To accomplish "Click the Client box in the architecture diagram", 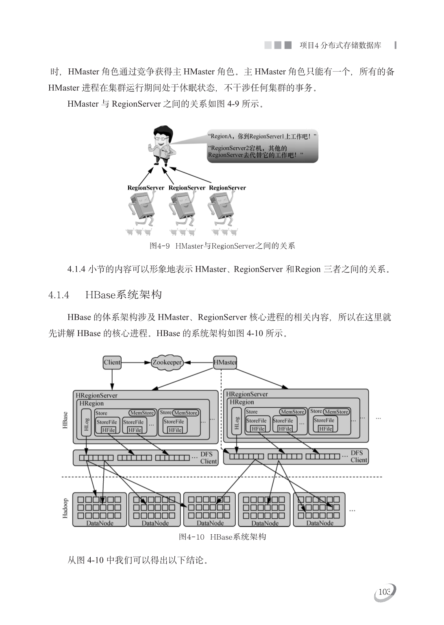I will coord(112,362).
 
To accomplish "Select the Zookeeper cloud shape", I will coord(167,363).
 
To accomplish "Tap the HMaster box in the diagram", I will coord(225,362).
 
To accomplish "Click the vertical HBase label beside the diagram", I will coord(65,420).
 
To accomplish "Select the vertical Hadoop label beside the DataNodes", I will coord(65,508).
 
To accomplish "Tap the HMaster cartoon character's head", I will coord(163,134).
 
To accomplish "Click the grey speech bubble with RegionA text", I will coord(262,146).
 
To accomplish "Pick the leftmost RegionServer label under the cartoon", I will coord(146,188).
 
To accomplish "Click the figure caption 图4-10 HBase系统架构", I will coord(222,537).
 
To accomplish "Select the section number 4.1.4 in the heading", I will coord(59,295).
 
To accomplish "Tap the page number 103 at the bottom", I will coord(384,592).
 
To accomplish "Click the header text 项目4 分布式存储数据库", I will coord(340,46).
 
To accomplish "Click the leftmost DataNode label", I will coord(100,523).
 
